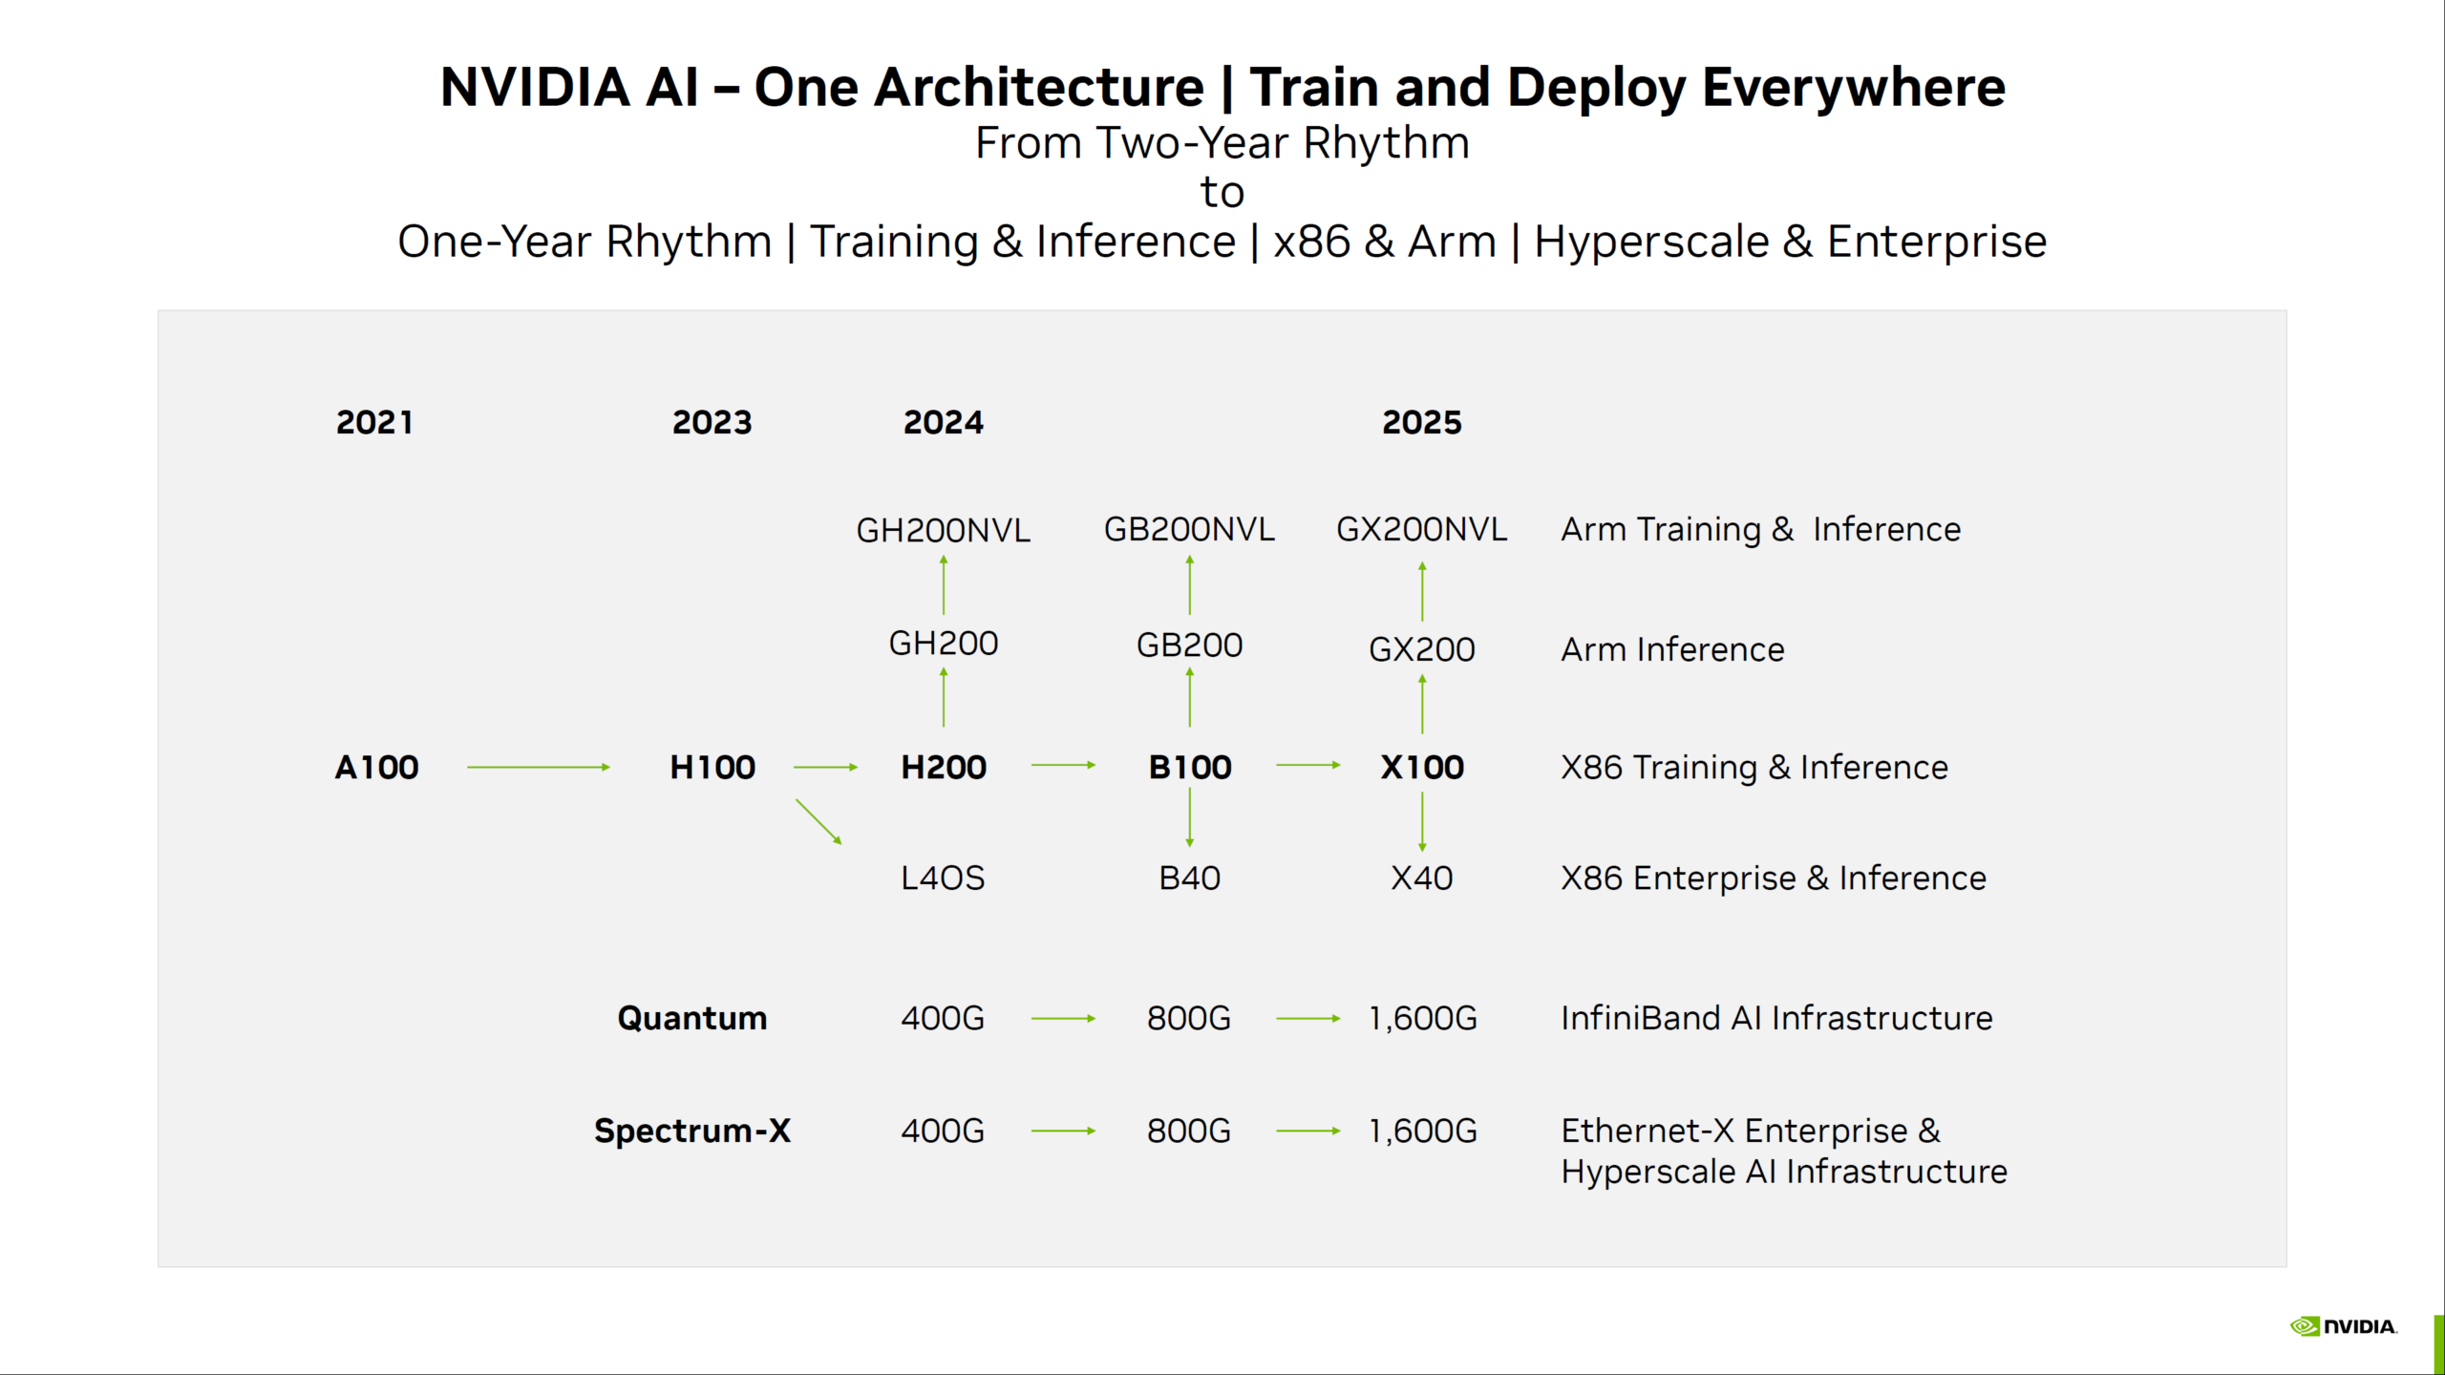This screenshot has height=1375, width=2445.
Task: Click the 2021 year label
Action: [374, 422]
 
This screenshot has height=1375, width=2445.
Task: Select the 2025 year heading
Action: [1421, 422]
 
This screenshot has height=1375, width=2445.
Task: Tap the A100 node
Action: [376, 767]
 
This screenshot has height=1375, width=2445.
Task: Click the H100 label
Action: [712, 767]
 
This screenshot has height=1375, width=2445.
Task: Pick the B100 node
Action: [1189, 767]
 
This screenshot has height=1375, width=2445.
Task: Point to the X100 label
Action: [1421, 767]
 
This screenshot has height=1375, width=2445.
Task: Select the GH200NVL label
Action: [943, 530]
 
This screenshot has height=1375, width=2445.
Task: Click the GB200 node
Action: [1189, 645]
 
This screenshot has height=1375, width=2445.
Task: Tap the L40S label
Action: [943, 878]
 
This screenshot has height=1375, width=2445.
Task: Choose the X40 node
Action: [1421, 878]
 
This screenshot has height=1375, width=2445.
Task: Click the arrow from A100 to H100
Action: [538, 767]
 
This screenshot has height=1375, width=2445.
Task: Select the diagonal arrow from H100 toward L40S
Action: [819, 822]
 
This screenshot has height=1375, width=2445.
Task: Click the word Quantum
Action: [691, 1018]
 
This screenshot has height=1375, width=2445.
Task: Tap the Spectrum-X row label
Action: [691, 1131]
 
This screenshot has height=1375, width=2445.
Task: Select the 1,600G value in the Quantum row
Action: [1422, 1018]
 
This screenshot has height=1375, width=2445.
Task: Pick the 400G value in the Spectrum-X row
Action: [943, 1131]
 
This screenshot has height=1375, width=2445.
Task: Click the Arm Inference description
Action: [1671, 649]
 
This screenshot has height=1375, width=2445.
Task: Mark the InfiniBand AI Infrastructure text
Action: [1776, 1018]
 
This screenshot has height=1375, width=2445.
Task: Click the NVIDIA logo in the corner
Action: [2343, 1326]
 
